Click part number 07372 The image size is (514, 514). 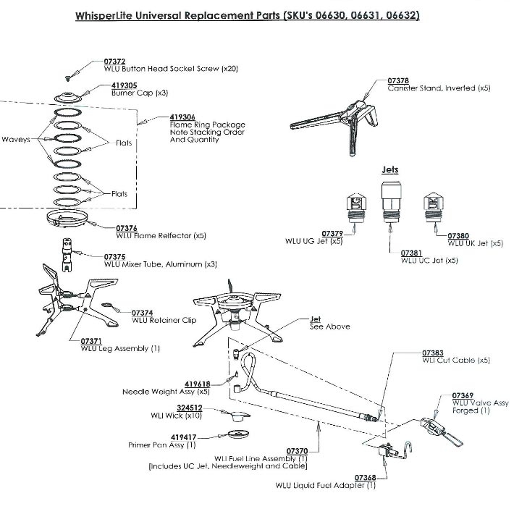pyautogui.click(x=114, y=62)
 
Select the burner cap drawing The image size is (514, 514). pyautogui.click(x=69, y=98)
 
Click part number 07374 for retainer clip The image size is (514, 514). pyautogui.click(x=142, y=312)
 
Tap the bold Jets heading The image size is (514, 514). pyautogui.click(x=389, y=170)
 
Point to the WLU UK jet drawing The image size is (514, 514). pyautogui.click(x=430, y=207)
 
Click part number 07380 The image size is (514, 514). pyautogui.click(x=458, y=236)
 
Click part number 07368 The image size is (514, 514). pyautogui.click(x=364, y=478)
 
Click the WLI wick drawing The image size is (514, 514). pyautogui.click(x=236, y=413)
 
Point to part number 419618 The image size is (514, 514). pyautogui.click(x=197, y=384)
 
